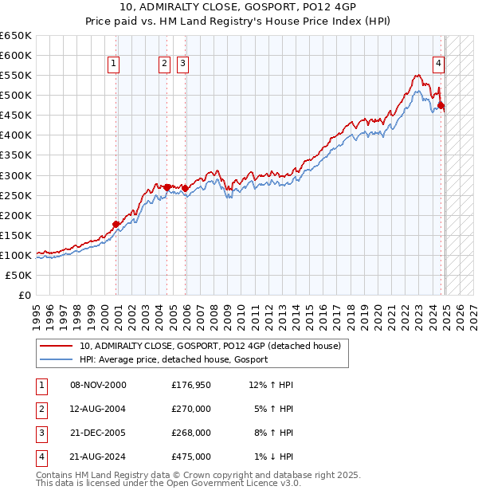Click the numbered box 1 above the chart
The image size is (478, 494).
tap(114, 65)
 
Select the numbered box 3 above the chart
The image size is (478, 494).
tap(182, 65)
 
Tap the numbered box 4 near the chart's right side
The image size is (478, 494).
tap(439, 65)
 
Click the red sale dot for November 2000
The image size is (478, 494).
tap(116, 224)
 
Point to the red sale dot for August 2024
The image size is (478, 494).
tap(441, 105)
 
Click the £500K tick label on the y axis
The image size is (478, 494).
tap(16, 95)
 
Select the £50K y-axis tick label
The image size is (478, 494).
tap(19, 275)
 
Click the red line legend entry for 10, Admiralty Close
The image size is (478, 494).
tap(210, 346)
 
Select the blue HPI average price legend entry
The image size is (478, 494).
tap(173, 359)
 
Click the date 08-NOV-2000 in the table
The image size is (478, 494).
tap(98, 385)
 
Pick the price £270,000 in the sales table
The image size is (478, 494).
tap(191, 409)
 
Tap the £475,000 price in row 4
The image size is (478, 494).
tap(191, 457)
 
